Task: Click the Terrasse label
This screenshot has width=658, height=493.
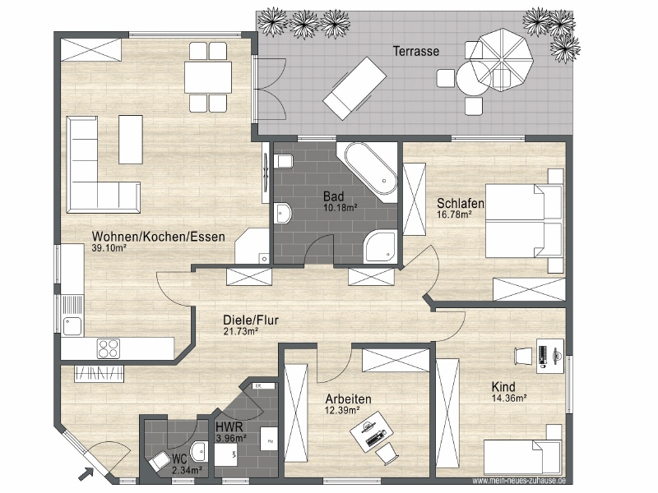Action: [415, 51]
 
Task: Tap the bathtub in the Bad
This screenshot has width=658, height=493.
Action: [369, 169]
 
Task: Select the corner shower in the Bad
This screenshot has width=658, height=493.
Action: [380, 245]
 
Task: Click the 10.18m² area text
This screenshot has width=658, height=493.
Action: [339, 208]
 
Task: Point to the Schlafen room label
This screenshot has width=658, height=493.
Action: [460, 203]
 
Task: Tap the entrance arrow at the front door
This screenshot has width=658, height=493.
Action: [86, 472]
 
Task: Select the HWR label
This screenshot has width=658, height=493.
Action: [228, 427]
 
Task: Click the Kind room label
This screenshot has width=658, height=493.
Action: [504, 386]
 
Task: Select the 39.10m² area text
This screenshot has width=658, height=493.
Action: [109, 247]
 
